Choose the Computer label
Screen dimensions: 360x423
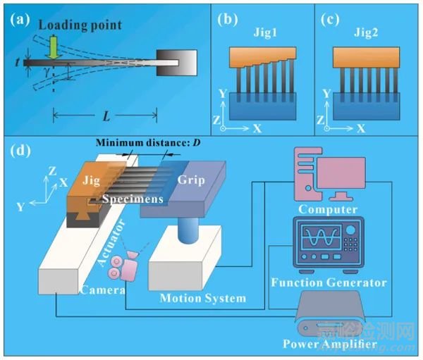328,209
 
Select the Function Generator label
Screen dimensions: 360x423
329,283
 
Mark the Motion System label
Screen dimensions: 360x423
203,298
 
